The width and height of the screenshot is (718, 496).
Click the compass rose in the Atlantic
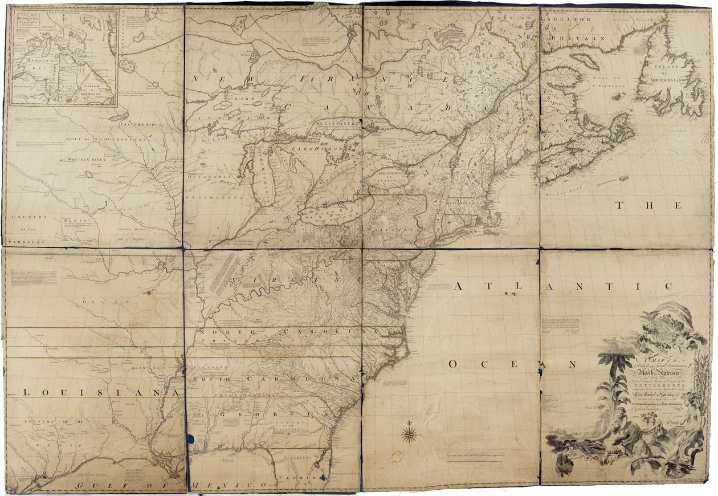pos(409,434)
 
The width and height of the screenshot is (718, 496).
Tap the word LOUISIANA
pos(93,392)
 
